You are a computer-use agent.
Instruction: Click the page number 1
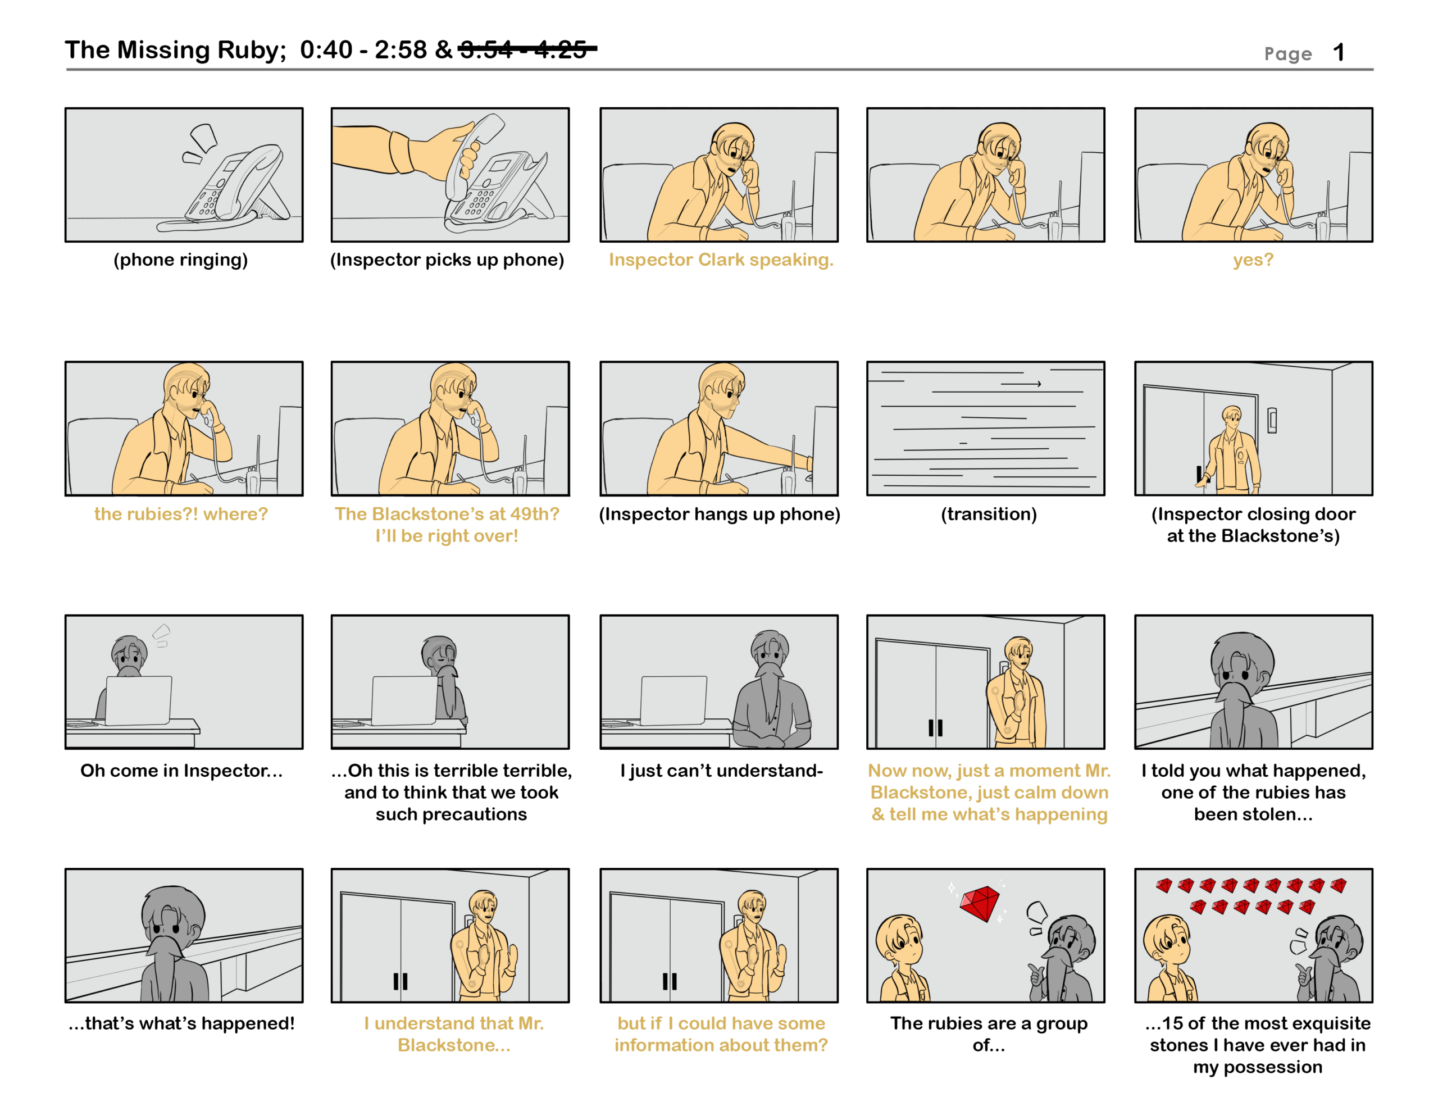[x=1338, y=53]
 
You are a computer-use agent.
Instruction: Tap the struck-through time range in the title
[x=527, y=49]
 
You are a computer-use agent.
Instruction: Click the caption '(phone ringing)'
[x=180, y=259]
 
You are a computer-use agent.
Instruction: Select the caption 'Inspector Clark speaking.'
[x=721, y=259]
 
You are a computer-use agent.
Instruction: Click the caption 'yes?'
[x=1253, y=260]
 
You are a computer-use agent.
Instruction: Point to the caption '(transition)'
[x=988, y=514]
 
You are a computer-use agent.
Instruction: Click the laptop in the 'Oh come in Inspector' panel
[x=138, y=701]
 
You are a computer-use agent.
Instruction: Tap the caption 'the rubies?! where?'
[x=181, y=514]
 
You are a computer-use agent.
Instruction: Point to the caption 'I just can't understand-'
[x=721, y=771]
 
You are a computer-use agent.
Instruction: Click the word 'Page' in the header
[x=1288, y=54]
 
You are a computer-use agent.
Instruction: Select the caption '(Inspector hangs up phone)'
[x=720, y=514]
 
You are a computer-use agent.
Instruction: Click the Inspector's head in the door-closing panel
[x=1231, y=416]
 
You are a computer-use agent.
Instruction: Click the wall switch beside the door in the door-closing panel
[x=1272, y=420]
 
